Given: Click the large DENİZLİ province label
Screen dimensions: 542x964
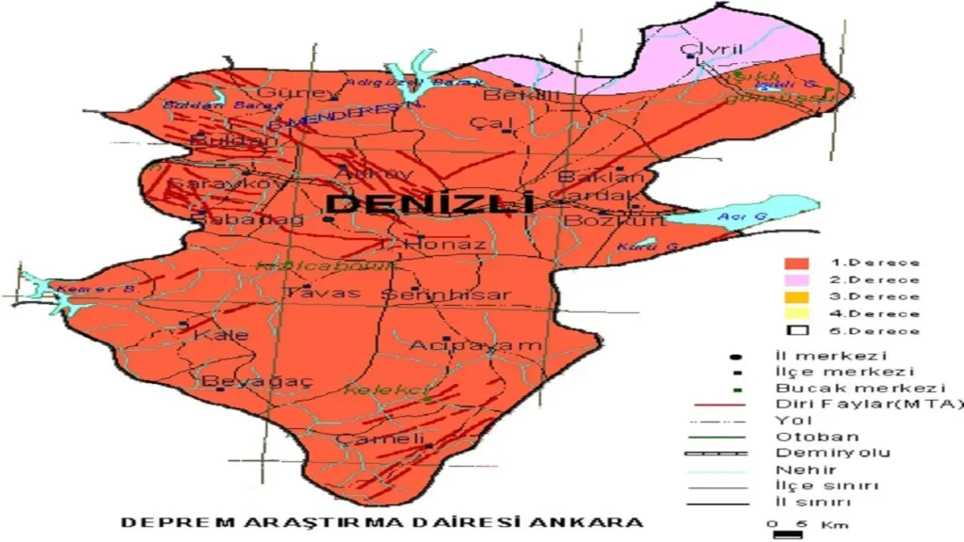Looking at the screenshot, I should click(x=429, y=203).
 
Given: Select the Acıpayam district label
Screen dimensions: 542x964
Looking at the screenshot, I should click(x=475, y=345).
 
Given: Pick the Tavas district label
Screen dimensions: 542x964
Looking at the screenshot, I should click(x=323, y=293).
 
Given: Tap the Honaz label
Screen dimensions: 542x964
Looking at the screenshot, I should click(x=445, y=245).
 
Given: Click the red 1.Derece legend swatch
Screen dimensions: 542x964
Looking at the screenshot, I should click(x=797, y=263).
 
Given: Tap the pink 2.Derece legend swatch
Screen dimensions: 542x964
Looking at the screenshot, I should click(x=797, y=279).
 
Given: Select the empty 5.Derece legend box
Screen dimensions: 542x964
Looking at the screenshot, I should click(x=797, y=330).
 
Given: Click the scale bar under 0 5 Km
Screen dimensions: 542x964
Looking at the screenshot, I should click(x=781, y=534).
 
